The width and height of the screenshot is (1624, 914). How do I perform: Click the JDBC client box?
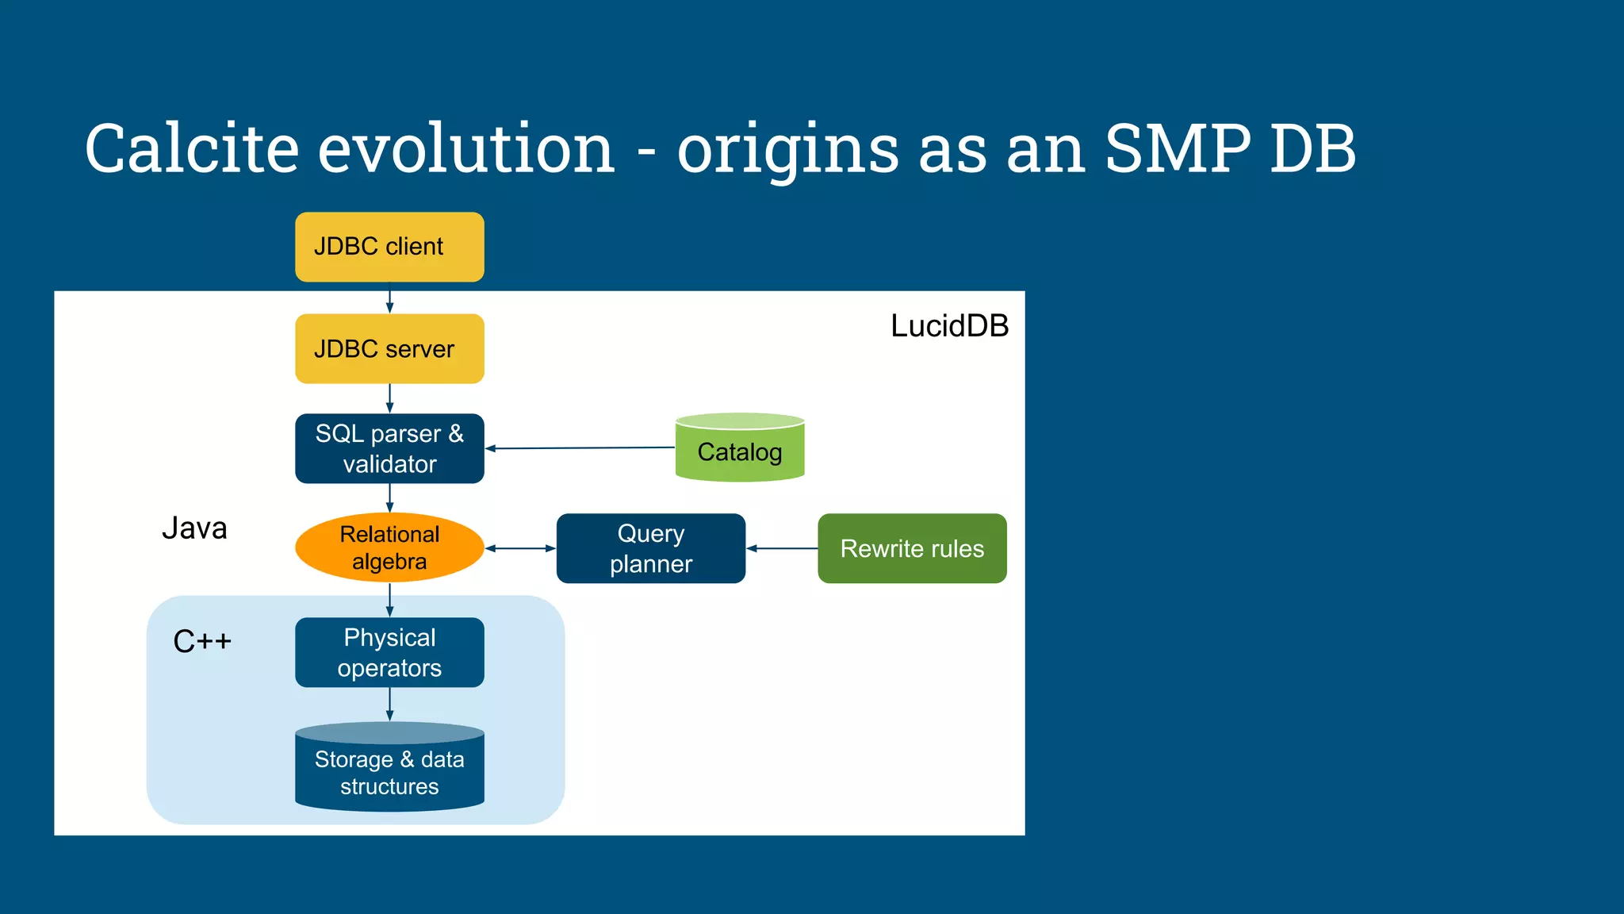pos(389,247)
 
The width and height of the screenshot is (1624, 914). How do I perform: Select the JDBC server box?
pos(389,349)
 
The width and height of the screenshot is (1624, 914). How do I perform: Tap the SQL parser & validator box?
pos(389,448)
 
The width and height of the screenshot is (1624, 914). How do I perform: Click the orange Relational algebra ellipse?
pos(389,547)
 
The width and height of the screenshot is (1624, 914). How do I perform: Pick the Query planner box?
pos(650,548)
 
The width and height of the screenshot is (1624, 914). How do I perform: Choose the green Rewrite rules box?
pos(912,548)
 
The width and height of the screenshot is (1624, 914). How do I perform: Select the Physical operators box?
pos(389,652)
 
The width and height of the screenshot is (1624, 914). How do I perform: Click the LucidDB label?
pos(949,326)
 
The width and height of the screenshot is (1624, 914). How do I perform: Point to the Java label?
pos(194,528)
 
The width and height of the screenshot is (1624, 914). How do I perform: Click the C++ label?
pos(202,641)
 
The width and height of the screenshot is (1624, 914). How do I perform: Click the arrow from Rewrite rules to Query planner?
pos(782,548)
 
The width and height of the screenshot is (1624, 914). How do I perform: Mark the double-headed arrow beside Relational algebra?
pos(520,548)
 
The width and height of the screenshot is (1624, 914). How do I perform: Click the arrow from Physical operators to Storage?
pos(389,705)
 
